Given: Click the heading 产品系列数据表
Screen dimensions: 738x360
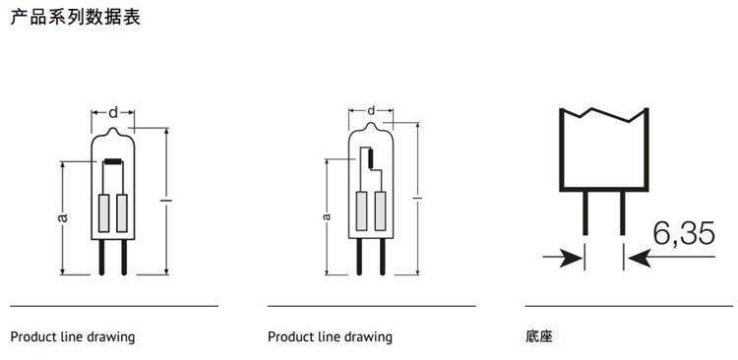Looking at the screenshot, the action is (x=76, y=17).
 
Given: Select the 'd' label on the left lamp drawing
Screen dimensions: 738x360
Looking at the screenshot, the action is (x=113, y=113).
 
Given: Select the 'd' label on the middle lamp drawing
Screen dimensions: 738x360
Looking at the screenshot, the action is (x=371, y=110).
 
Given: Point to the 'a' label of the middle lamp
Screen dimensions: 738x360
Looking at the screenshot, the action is (x=326, y=216).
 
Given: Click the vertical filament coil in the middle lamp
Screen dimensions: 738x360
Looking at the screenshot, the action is (x=370, y=158).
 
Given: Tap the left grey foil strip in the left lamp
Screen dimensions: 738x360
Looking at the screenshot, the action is (x=103, y=212).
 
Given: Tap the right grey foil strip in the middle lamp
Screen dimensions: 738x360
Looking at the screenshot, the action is (x=380, y=210).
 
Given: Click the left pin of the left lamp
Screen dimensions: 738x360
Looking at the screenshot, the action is (x=101, y=257).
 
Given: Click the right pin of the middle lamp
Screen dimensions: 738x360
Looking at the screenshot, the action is (x=382, y=256).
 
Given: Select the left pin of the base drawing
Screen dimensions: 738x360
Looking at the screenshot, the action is (x=585, y=212).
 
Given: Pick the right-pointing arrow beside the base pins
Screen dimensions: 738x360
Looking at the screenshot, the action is (x=563, y=258).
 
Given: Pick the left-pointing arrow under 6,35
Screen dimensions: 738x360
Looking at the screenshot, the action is (x=672, y=258).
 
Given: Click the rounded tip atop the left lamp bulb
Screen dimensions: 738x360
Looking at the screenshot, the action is (x=113, y=130).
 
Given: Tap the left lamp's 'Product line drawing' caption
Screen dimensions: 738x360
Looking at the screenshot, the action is (x=73, y=337).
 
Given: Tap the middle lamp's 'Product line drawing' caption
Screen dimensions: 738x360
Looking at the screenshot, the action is (x=330, y=337).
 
